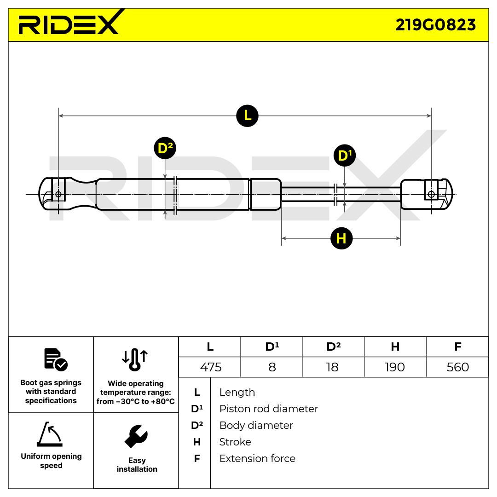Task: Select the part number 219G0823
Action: [x=435, y=25]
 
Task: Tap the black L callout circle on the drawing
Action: [x=247, y=116]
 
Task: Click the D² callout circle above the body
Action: [x=165, y=148]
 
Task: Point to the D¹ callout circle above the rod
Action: [x=344, y=156]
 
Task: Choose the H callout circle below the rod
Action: [x=341, y=238]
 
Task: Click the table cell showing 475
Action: [x=211, y=367]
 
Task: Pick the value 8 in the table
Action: [x=272, y=367]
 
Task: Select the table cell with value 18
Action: [x=332, y=367]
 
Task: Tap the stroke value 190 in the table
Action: [x=395, y=367]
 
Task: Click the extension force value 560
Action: [x=457, y=367]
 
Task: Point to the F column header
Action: [x=457, y=347]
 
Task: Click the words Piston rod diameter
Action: [x=268, y=409]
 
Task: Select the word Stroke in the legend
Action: [x=235, y=442]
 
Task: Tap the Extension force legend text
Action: [x=257, y=458]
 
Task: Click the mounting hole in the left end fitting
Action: [x=58, y=194]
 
